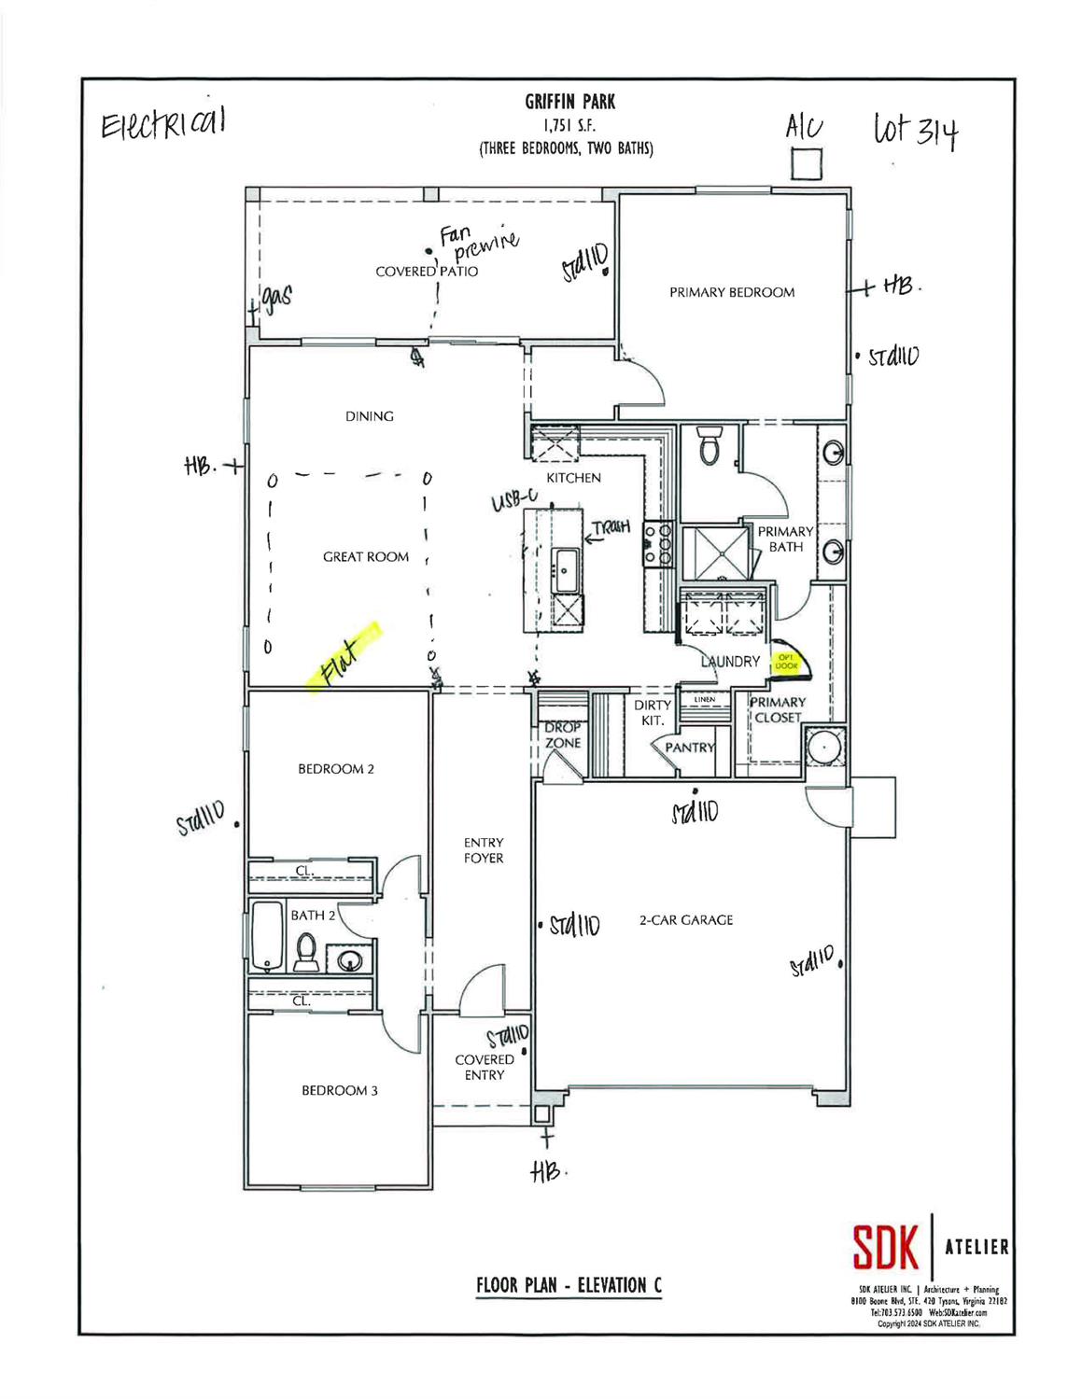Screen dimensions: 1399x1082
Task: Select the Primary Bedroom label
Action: coord(732,292)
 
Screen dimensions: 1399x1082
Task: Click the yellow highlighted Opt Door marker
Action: coord(787,662)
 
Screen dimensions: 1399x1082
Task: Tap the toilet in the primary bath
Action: coord(711,447)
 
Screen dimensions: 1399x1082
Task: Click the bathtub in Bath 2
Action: coord(267,935)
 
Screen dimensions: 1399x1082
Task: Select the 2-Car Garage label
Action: coord(685,919)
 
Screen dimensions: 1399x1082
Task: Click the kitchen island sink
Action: coord(567,570)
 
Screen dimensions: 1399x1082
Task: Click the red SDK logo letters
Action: coord(886,1247)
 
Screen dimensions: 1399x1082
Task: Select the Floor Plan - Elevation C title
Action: coord(569,1284)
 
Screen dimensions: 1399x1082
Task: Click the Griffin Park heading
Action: coord(569,102)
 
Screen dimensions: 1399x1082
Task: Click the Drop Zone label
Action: coord(563,735)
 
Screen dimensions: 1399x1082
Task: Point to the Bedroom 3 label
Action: coord(339,1090)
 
